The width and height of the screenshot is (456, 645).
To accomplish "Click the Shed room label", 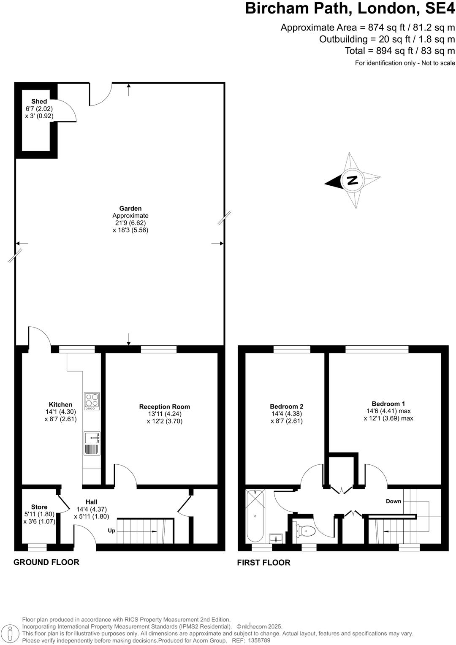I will click(39, 101).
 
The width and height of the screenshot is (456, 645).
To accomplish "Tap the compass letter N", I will click(352, 181).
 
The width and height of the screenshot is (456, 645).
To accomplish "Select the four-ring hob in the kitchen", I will click(92, 401).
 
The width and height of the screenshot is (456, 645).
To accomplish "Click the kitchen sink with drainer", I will click(92, 443).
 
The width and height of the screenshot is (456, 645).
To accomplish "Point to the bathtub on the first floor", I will click(255, 516).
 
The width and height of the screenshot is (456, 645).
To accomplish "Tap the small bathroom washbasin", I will click(277, 539).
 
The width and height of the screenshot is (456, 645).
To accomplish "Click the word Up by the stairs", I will click(111, 531).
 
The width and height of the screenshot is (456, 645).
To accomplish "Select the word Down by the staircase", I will click(394, 501).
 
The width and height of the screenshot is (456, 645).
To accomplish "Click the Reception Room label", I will click(165, 407).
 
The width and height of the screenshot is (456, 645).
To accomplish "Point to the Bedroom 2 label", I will click(287, 407).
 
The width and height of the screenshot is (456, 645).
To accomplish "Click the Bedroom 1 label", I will click(388, 404).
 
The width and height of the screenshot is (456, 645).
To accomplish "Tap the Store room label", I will click(39, 507).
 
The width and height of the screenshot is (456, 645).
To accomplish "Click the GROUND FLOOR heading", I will click(46, 562).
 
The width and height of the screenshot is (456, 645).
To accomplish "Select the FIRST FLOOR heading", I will click(264, 563).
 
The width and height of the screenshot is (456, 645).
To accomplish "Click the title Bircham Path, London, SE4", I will click(350, 8).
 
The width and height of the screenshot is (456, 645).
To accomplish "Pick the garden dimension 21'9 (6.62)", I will click(130, 223).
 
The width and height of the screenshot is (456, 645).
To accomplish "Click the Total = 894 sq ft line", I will click(399, 51).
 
